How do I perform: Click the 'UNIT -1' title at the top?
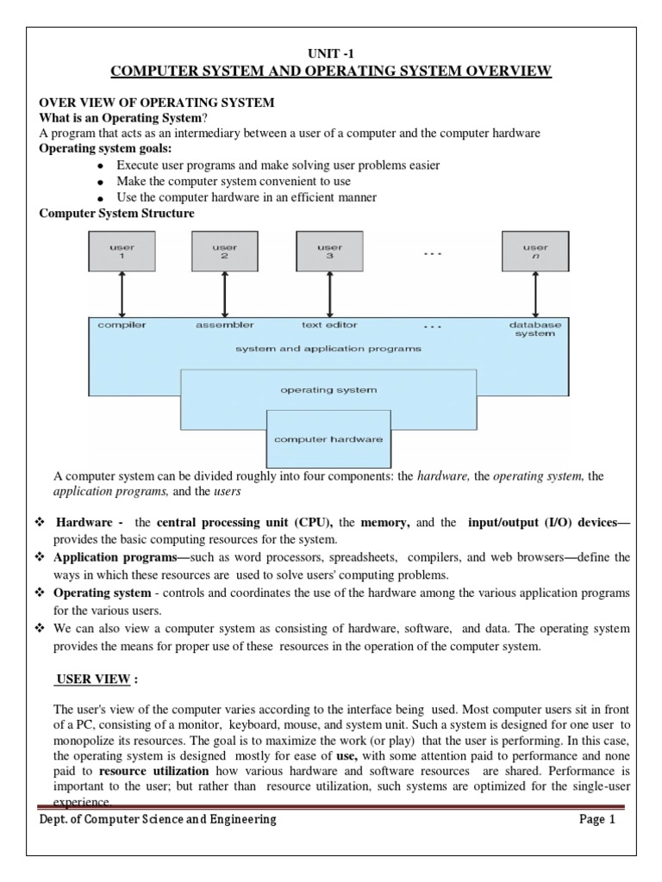point(331,53)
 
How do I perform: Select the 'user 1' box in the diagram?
point(122,252)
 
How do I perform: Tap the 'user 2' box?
point(224,252)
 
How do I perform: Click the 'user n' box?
point(535,252)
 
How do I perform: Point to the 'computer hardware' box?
point(328,438)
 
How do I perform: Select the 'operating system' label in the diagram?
point(328,390)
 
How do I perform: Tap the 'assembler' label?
point(225,326)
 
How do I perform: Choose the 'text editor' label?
point(328,326)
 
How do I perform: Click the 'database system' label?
point(535,329)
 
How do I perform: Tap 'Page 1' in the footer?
point(597,820)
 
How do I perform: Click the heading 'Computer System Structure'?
point(117,213)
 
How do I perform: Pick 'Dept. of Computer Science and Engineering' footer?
point(159,820)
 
